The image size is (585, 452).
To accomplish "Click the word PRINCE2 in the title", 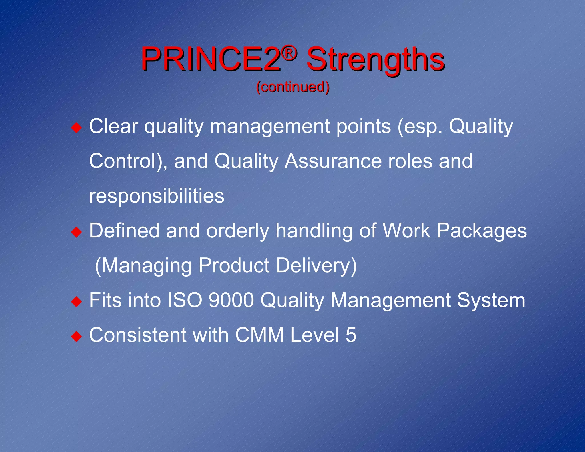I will pyautogui.click(x=211, y=59).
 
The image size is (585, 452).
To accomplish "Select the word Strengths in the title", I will pyautogui.click(x=375, y=60).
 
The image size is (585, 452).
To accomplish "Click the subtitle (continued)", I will pyautogui.click(x=292, y=87).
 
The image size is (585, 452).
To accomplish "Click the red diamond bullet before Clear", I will pyautogui.click(x=77, y=127).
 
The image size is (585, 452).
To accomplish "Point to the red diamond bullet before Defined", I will pyautogui.click(x=77, y=232).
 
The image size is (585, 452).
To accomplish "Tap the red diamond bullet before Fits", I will pyautogui.click(x=77, y=302).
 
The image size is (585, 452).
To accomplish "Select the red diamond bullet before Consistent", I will pyautogui.click(x=77, y=337).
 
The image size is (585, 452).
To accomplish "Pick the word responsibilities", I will pyautogui.click(x=157, y=197).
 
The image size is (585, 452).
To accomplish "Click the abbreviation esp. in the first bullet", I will pyautogui.click(x=420, y=127).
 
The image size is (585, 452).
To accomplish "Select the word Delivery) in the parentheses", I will pyautogui.click(x=316, y=266).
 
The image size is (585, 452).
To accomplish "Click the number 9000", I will pyautogui.click(x=231, y=301).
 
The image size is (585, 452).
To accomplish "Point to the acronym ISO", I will pyautogui.click(x=185, y=301).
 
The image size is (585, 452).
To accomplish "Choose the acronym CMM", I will pyautogui.click(x=259, y=335).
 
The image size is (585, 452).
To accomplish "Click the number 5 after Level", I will pyautogui.click(x=351, y=335).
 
